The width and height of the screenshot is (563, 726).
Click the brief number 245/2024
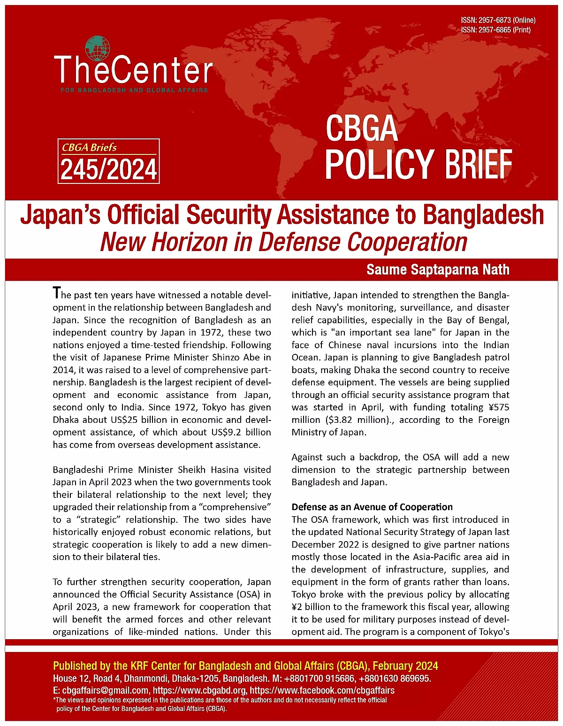point(108,169)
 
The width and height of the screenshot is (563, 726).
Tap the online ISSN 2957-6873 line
point(498,20)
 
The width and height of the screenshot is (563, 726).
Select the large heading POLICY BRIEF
point(418,164)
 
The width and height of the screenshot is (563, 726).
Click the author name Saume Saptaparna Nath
point(438,270)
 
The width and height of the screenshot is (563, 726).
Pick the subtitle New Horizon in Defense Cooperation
point(283,242)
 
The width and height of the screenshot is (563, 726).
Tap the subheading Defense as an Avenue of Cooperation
point(372,507)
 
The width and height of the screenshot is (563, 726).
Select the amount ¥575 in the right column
point(497,407)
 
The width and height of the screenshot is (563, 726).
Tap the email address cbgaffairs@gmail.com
point(106,690)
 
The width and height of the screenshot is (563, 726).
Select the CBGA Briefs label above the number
point(89,147)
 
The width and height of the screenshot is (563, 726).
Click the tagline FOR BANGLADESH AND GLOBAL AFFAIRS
point(134,90)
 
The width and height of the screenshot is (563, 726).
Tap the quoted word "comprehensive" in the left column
point(236,507)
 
